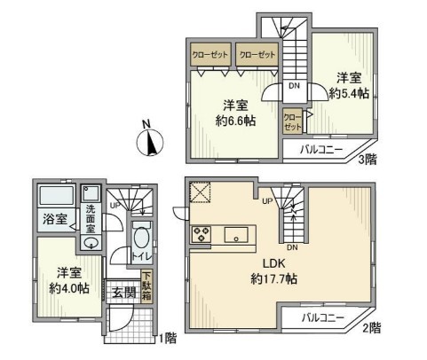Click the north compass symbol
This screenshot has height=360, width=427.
[151, 140]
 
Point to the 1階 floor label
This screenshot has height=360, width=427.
[165, 338]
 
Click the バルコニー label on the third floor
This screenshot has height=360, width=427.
[321, 149]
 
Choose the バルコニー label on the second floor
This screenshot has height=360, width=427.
[322, 317]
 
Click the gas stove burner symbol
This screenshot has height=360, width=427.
[201, 235]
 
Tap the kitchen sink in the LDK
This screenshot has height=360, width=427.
[236, 235]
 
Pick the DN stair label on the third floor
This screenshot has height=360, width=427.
[293, 87]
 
